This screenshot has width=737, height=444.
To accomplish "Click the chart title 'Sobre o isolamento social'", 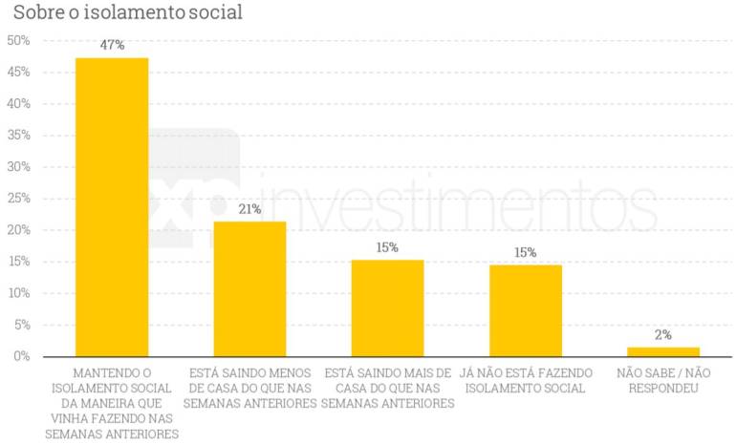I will coord(127,12).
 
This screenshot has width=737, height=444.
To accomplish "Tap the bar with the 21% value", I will coord(249,288).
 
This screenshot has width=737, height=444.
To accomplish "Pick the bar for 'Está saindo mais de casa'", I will coord(387,307).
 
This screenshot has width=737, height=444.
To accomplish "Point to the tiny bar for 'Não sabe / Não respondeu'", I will coord(663,351).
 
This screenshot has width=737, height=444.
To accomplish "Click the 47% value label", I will coord(112,45).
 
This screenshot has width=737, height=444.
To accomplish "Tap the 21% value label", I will coord(249,209).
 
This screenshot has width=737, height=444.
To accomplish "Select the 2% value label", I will coord(663,335).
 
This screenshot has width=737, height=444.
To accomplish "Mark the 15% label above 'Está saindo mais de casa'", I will coord(387,247).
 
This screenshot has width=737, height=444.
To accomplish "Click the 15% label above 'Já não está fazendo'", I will coord(526,252).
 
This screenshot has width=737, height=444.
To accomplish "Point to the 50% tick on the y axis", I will coord(18,41).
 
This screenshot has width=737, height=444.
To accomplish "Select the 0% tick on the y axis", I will coord(21,356).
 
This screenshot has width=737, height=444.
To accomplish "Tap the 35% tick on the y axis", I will coord(18,136).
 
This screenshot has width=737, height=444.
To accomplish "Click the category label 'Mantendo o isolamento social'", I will coord(112,403).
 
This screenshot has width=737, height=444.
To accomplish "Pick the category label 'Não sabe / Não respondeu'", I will coord(663,380).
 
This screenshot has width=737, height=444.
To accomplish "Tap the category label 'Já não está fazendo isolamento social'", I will coord(526,380).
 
